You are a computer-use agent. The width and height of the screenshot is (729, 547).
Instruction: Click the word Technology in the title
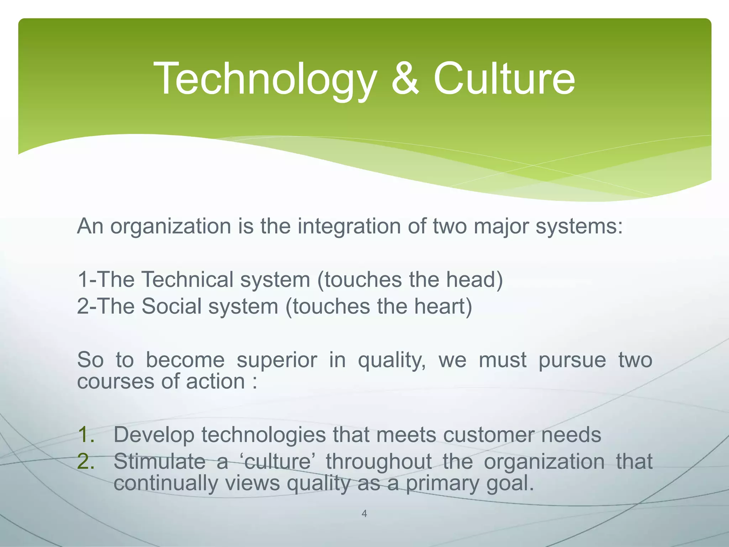(265, 79)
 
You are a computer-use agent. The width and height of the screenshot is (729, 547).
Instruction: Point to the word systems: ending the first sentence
(579, 226)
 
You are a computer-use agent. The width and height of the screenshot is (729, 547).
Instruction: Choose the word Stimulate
(159, 462)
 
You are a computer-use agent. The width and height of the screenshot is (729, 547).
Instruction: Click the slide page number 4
(364, 514)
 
